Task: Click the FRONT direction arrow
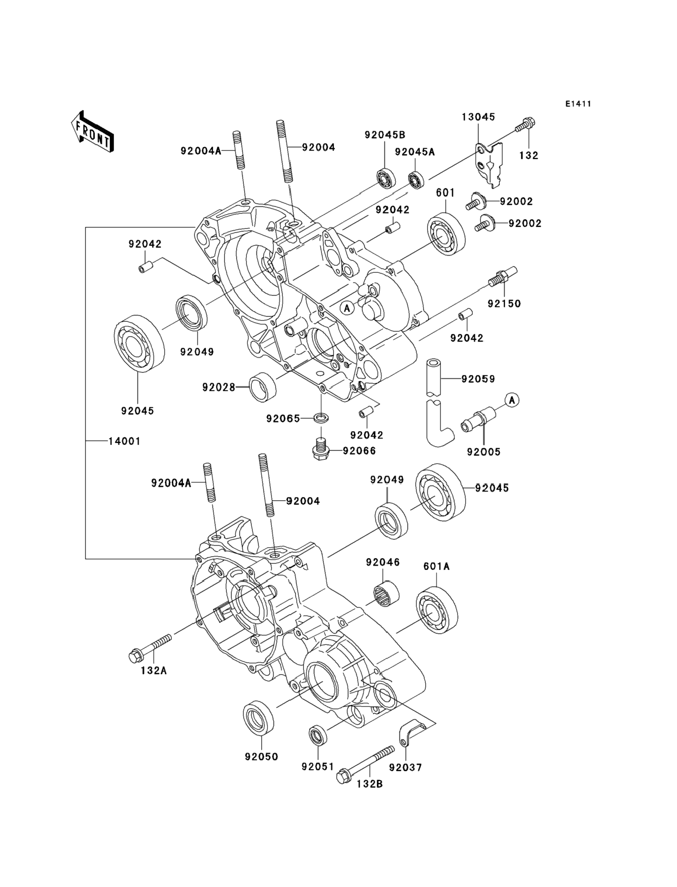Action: point(92,132)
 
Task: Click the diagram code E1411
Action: point(578,104)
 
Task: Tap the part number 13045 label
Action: point(478,117)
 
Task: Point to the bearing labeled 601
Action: point(446,234)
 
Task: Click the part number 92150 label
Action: point(504,303)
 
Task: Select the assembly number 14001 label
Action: point(125,441)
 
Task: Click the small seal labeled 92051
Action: point(318,734)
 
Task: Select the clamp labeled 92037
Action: point(409,734)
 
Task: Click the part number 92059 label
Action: point(478,379)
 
